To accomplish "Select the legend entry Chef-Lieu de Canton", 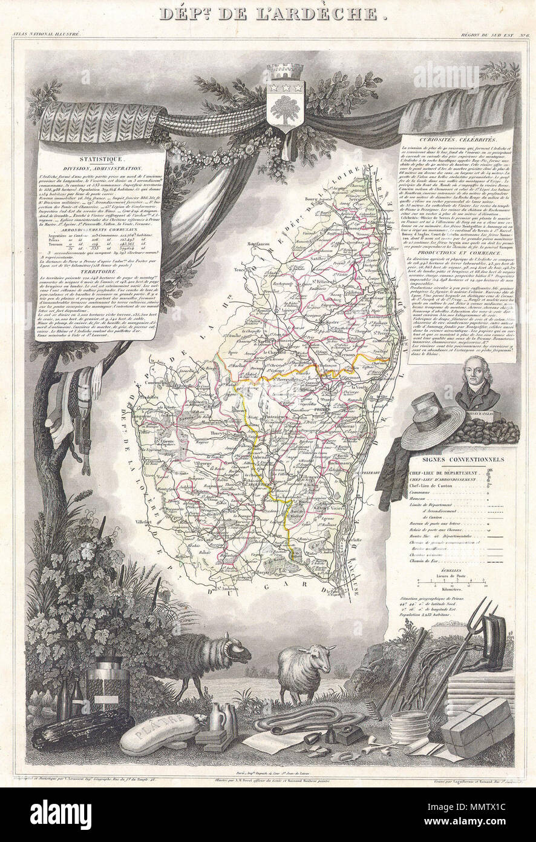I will (x=434, y=485).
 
